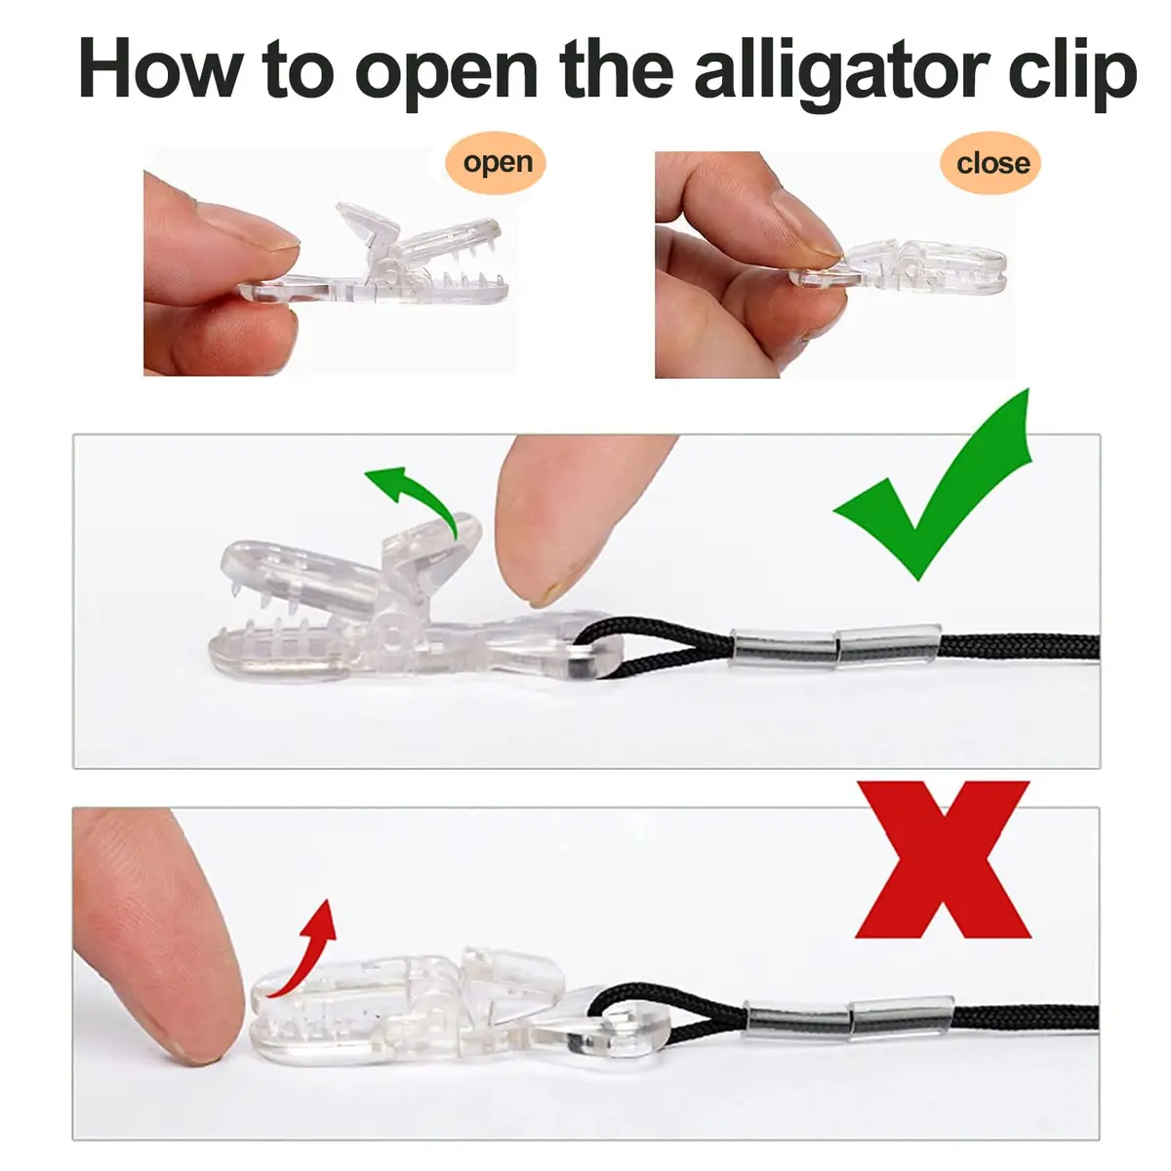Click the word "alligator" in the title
click(x=844, y=70)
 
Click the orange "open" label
click(x=496, y=163)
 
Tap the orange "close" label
click(x=992, y=163)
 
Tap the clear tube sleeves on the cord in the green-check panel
click(x=835, y=646)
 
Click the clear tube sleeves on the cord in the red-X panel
click(x=849, y=1017)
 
